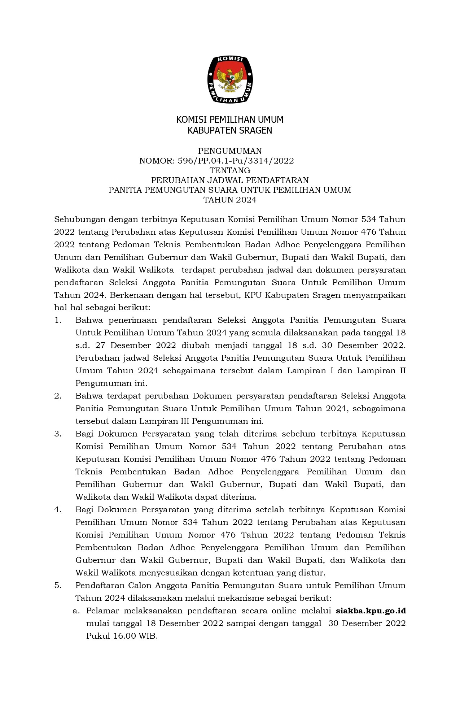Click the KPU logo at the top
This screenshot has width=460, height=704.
click(230, 79)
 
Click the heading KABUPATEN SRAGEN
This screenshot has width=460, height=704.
click(230, 130)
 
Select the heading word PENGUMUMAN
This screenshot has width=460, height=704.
click(230, 151)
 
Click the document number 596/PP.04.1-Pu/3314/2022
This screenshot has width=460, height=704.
click(236, 161)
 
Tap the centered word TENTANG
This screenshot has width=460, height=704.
click(230, 170)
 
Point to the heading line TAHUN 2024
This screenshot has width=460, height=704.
click(230, 200)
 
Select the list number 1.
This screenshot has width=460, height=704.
click(58, 320)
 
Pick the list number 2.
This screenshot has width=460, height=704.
click(58, 396)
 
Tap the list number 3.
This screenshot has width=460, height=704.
click(58, 434)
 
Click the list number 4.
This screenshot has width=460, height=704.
click(58, 510)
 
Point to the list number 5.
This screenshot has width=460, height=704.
click(58, 586)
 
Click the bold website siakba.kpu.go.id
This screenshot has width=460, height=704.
click(371, 611)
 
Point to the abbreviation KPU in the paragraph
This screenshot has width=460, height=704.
click(253, 295)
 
